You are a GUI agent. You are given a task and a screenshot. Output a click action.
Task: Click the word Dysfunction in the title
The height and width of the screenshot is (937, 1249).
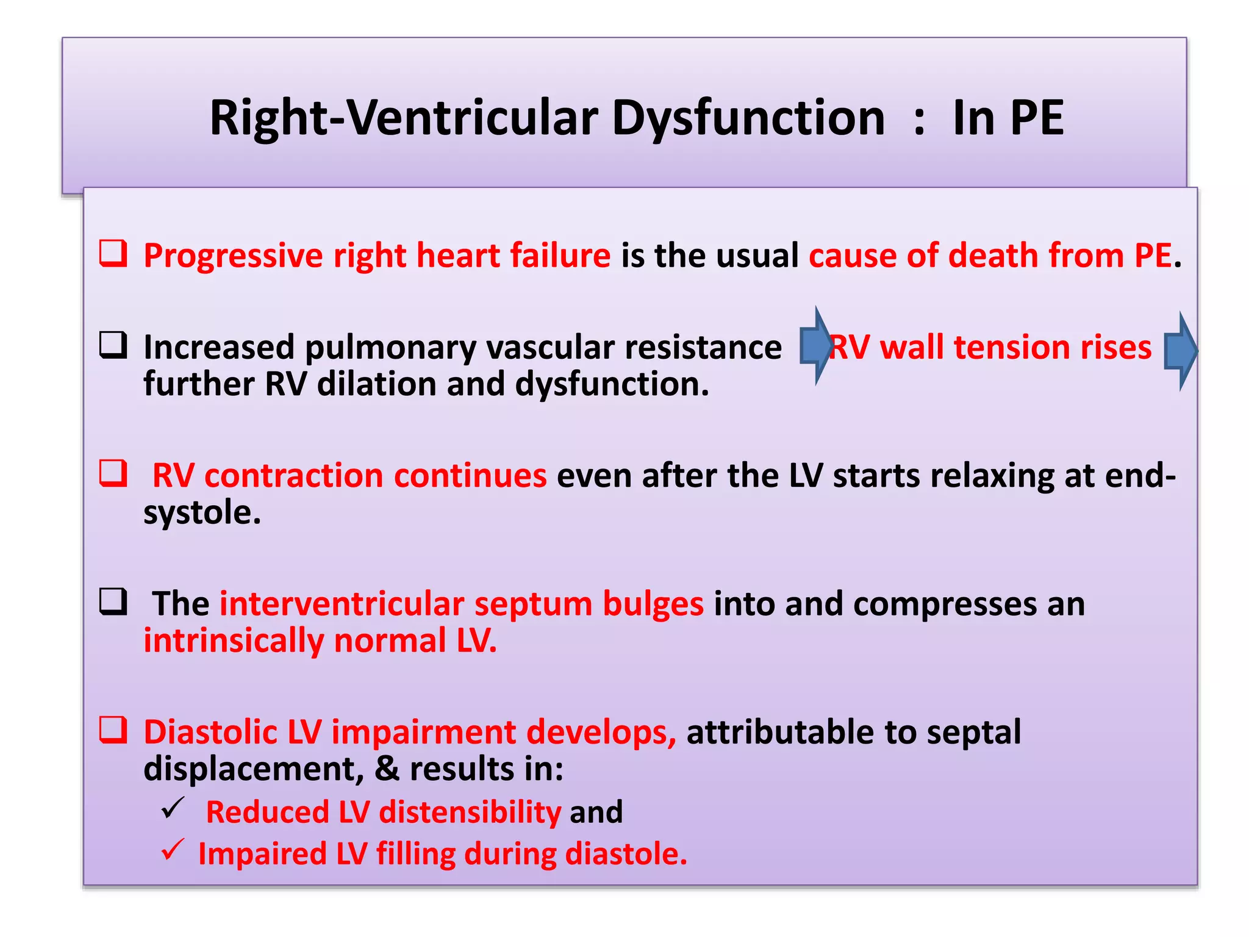click(x=748, y=118)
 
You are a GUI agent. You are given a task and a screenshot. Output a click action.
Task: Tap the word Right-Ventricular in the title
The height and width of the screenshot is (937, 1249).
click(x=404, y=118)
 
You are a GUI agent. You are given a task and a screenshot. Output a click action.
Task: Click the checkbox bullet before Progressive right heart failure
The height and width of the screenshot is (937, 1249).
click(x=113, y=254)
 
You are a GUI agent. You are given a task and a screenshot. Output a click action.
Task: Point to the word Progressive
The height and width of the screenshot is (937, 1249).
click(x=232, y=256)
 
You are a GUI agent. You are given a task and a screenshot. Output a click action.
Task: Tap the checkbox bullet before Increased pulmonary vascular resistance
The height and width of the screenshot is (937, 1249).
click(x=113, y=345)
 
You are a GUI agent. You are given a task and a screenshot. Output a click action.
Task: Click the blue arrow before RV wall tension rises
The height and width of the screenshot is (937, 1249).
click(x=815, y=346)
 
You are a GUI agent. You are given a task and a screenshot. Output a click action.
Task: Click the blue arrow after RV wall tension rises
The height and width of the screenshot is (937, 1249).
click(x=1180, y=351)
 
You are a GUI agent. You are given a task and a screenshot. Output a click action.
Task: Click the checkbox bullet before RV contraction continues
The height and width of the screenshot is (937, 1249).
click(x=113, y=473)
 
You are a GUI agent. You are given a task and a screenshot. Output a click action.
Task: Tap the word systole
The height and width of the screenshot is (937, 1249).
click(x=197, y=512)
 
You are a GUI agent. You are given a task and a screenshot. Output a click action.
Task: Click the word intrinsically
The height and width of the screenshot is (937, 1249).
click(x=234, y=641)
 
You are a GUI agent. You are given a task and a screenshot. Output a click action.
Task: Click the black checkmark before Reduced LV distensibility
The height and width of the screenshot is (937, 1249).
click(x=173, y=809)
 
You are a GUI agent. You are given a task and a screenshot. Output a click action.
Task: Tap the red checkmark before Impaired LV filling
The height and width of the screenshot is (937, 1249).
click(x=173, y=850)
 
